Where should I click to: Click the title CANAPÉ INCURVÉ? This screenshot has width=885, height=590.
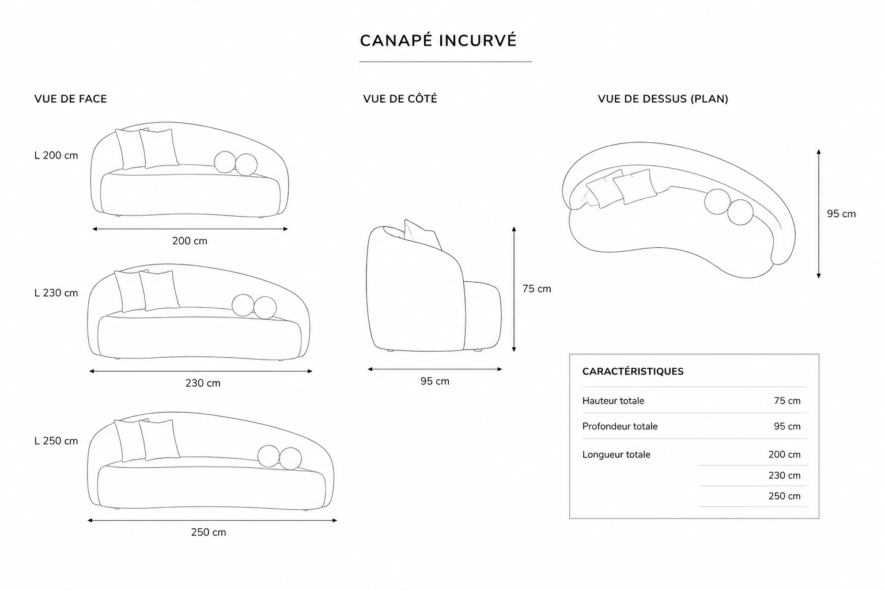(x=438, y=41)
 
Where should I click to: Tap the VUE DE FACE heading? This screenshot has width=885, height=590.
(x=71, y=99)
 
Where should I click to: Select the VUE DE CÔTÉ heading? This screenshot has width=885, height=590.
(x=400, y=99)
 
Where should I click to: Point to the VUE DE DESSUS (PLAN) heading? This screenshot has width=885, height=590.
(x=663, y=99)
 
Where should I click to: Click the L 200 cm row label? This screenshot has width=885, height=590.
(x=56, y=156)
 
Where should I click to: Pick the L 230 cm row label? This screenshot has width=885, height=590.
(x=56, y=293)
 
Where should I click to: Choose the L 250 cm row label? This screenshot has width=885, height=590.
(x=56, y=441)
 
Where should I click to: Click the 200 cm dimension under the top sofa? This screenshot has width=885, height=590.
(x=190, y=241)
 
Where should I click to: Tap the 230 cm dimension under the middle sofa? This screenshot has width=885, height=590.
(x=203, y=383)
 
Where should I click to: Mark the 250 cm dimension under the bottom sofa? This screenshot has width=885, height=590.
(x=209, y=532)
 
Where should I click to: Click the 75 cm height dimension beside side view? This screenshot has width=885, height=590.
(x=536, y=289)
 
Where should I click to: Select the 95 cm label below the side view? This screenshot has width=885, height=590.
(x=435, y=381)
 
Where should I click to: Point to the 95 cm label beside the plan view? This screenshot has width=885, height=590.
(x=842, y=214)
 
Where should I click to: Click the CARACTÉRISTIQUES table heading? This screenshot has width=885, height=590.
(x=633, y=372)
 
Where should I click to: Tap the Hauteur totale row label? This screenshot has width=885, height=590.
(x=613, y=400)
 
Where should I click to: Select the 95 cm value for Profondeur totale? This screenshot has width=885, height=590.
(x=787, y=426)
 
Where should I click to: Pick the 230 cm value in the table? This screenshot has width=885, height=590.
(x=784, y=475)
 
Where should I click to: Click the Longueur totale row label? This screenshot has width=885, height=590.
(x=617, y=455)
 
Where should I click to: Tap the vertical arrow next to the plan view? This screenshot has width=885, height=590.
(x=819, y=214)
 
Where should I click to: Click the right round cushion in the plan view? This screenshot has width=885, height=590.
(x=740, y=212)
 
